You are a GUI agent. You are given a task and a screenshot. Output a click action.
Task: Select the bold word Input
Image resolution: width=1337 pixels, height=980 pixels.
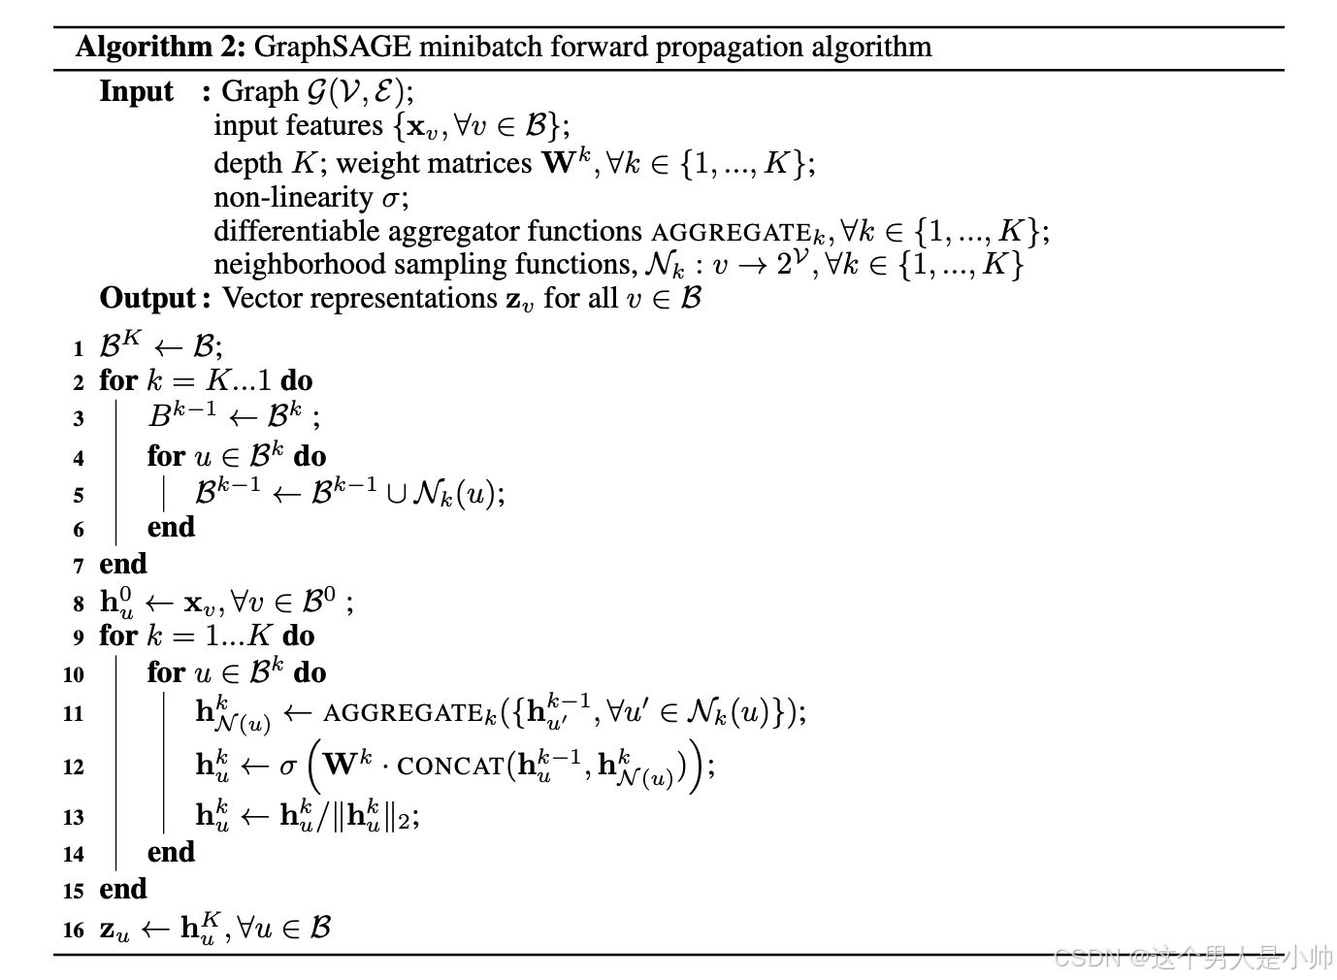pos(136,91)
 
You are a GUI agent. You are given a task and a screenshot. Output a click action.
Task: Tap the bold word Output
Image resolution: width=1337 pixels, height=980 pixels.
pos(148,298)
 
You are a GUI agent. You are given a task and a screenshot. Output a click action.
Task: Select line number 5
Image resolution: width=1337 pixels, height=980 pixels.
pos(78,495)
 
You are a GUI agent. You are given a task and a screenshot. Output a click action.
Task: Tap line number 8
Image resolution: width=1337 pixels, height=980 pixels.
pos(78,604)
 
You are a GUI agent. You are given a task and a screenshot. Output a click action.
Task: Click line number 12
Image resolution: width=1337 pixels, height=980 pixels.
pos(74,767)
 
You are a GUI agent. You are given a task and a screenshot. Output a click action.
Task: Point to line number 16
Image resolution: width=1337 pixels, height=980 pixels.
pos(74,930)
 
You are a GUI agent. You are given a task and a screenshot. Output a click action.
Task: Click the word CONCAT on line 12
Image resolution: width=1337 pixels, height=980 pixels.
pos(450,767)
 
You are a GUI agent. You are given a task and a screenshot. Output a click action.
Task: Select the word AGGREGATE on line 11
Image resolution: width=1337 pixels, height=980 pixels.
pos(403,714)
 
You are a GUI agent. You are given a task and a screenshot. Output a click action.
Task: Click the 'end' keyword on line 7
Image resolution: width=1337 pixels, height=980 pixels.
pos(123,564)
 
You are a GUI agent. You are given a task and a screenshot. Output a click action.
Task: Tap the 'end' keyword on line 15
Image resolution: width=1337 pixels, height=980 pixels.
pos(123,889)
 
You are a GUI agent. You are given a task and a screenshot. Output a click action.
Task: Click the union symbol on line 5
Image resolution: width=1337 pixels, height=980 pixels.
pos(396,494)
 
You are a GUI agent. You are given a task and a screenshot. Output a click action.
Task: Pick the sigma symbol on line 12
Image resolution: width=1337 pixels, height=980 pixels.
pos(288,767)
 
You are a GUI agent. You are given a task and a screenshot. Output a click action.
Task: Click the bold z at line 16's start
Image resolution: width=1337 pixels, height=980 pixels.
pos(108,930)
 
